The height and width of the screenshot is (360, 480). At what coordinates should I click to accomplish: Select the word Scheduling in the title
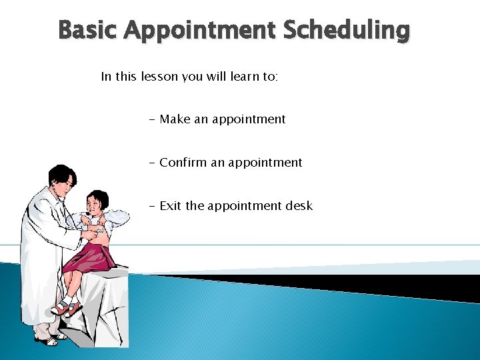pyautogui.click(x=347, y=31)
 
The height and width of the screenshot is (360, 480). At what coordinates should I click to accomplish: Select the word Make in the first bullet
pyautogui.click(x=175, y=119)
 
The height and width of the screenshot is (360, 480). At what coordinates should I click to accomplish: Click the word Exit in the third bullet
pyautogui.click(x=171, y=206)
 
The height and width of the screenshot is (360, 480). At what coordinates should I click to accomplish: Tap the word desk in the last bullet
pyautogui.click(x=299, y=206)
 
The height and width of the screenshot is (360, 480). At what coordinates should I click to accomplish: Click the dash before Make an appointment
pyautogui.click(x=153, y=120)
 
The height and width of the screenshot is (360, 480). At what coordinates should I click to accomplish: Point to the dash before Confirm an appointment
pyautogui.click(x=153, y=163)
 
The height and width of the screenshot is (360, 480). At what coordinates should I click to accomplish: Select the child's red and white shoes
pyautogui.click(x=67, y=307)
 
